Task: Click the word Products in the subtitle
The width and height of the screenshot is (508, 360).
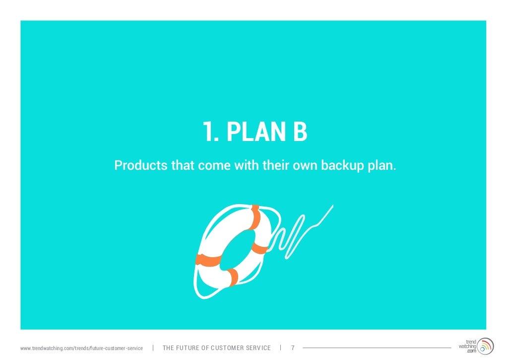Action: (141, 165)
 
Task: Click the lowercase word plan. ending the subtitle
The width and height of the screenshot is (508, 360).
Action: (381, 165)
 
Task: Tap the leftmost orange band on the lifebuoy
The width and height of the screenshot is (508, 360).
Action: (208, 260)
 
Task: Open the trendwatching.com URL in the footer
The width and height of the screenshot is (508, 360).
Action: (81, 348)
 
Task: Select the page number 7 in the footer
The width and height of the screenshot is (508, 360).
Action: (293, 348)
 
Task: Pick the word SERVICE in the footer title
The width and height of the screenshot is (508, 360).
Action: (259, 348)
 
